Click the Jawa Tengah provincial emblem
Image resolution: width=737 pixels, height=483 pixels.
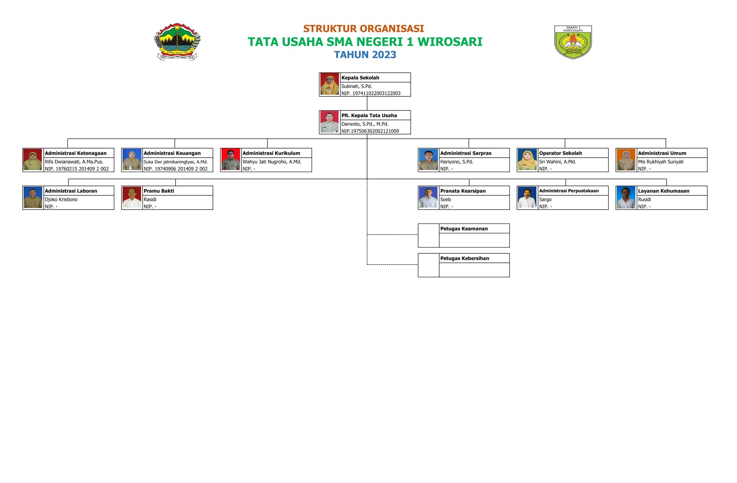[x=177, y=41]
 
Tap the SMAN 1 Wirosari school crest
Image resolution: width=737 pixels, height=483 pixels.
[x=573, y=42]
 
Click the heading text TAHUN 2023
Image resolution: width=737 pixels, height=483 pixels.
[x=365, y=55]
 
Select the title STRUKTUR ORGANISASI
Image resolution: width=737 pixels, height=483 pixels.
[x=363, y=29]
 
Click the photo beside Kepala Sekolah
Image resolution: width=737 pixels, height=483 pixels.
[x=329, y=84]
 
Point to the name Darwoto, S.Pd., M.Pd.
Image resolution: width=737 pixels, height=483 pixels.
[x=365, y=124]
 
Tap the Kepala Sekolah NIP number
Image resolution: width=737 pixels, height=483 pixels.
[x=371, y=94]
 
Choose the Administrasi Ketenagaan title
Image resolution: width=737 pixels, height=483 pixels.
[x=76, y=153]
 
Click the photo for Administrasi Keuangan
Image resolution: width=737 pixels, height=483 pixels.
[x=132, y=160]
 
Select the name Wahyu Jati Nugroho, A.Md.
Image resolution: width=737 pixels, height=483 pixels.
[x=272, y=162]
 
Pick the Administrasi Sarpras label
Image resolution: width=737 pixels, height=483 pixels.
[x=465, y=153]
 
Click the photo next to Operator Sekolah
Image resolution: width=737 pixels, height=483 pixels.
[x=527, y=160]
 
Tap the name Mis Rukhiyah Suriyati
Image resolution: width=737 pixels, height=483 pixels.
[x=661, y=162]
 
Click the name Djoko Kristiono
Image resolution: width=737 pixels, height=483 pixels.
[x=61, y=200]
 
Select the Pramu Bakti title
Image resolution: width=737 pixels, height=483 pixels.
[x=159, y=191]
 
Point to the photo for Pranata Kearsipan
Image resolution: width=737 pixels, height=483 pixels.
[x=428, y=198]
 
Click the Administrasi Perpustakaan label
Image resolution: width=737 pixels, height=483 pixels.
[x=569, y=191]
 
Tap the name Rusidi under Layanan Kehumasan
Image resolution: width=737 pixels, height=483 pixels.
[x=644, y=200]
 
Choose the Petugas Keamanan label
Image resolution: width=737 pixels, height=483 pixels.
[x=464, y=229]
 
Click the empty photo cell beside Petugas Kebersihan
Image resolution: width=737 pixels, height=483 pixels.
[x=428, y=265]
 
